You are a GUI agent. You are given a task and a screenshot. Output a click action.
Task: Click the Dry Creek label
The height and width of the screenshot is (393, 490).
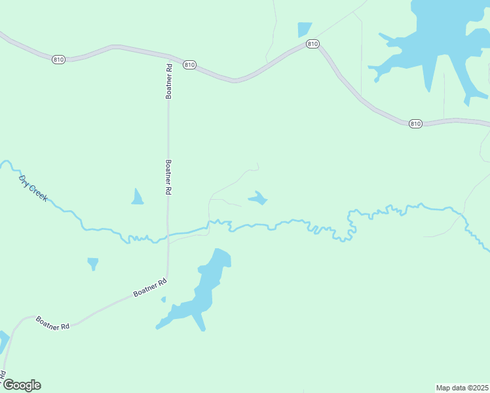pyautogui.click(x=33, y=188)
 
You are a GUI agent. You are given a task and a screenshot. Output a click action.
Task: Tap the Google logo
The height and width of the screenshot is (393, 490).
pyautogui.click(x=22, y=385)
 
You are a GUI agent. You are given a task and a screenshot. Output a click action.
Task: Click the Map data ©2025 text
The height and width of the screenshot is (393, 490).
pyautogui.click(x=462, y=387)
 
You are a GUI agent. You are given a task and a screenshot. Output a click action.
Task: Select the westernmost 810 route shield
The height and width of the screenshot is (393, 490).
pyautogui.click(x=58, y=59)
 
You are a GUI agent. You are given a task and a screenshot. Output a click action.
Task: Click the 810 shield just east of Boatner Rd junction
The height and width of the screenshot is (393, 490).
pyautogui.click(x=189, y=65)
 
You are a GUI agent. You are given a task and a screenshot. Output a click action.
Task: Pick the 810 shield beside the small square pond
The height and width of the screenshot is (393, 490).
pyautogui.click(x=312, y=44)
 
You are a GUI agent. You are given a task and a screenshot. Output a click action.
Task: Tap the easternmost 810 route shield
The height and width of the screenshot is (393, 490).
pyautogui.click(x=415, y=123)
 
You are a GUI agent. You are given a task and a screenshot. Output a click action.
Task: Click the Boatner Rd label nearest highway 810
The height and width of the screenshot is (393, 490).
pyautogui.click(x=168, y=81)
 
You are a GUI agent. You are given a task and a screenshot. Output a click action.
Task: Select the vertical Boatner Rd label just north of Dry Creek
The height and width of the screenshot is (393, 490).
pyautogui.click(x=168, y=178)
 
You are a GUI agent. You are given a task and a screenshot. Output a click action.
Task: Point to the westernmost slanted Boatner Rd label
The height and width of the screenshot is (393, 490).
pyautogui.click(x=52, y=322)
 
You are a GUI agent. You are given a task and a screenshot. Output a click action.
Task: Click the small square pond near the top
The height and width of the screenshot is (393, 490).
pyautogui.click(x=305, y=29)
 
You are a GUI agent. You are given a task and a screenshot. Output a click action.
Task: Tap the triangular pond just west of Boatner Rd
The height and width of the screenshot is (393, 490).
pyautogui.click(x=137, y=197)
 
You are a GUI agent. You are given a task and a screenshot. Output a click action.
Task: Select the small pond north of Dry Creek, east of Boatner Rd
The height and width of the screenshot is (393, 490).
pyautogui.click(x=258, y=198)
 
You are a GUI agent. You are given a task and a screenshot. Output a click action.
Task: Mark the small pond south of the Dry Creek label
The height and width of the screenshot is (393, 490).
pyautogui.click(x=93, y=263)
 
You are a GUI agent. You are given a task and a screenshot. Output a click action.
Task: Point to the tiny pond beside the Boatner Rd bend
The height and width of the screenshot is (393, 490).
pyautogui.click(x=163, y=300)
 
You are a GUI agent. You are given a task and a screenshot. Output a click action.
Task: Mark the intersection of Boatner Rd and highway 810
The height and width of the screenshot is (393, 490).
pyautogui.click(x=168, y=56)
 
